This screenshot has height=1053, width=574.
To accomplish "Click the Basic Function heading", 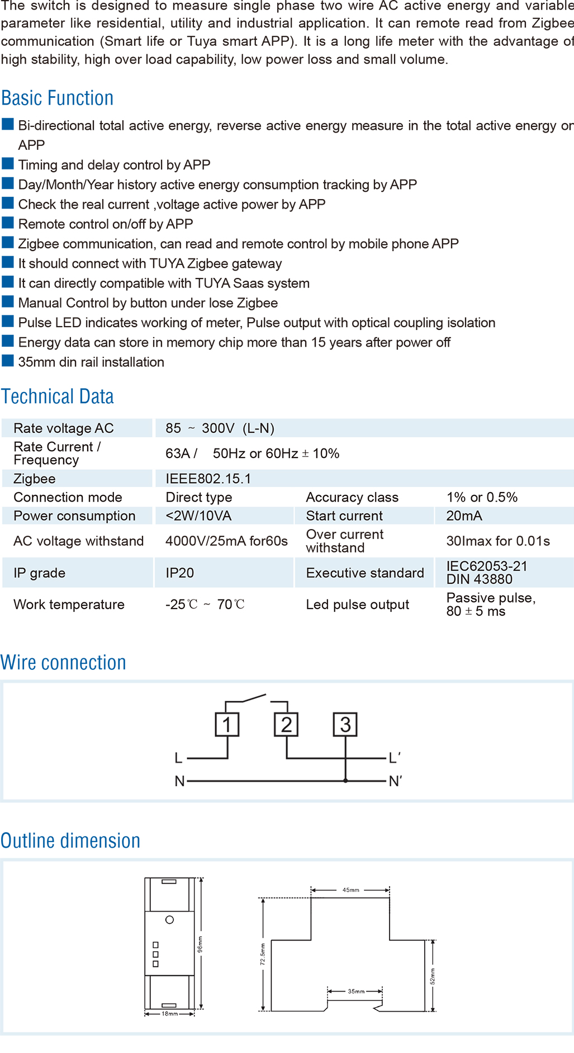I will [58, 98].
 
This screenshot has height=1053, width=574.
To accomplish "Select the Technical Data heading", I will [58, 396].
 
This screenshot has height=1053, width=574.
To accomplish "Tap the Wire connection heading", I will [63, 663].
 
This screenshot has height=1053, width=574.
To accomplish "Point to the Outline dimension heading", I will [70, 841].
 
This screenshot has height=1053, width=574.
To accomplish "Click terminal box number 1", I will [227, 725].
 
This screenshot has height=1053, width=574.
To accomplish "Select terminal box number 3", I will [345, 725].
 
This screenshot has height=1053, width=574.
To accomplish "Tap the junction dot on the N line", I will [345, 781].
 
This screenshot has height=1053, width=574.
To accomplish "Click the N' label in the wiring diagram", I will [395, 781].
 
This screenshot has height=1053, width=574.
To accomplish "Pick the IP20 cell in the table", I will [180, 573].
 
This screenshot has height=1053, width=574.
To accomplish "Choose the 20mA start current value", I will [464, 516].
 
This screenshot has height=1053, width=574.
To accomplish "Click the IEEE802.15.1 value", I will [208, 479].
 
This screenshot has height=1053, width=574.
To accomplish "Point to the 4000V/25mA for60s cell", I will [226, 541].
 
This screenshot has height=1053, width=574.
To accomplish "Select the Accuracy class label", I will [352, 498].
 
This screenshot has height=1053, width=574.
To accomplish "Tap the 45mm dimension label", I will [351, 890].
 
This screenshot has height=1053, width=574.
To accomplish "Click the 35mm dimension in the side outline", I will [356, 991].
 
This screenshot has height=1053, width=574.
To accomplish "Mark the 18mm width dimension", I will [170, 1014].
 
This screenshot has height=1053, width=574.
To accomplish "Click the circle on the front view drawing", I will [170, 920].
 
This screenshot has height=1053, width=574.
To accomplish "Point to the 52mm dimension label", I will [432, 976].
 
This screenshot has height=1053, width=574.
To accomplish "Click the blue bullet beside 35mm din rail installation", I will [8, 361].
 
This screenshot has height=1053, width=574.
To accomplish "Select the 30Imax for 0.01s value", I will [498, 541].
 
